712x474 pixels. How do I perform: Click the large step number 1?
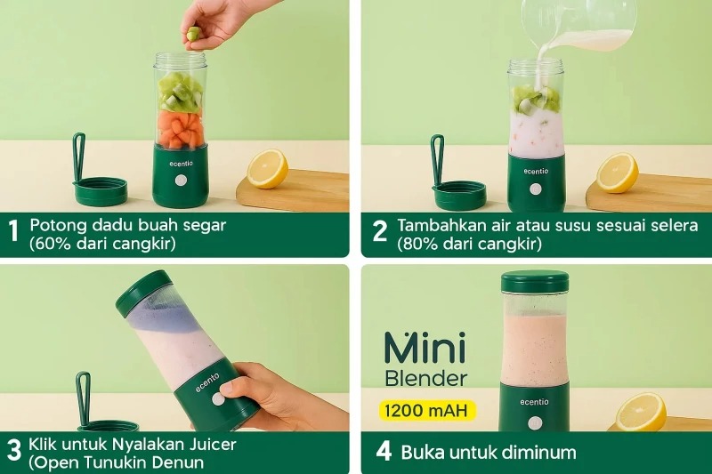13,230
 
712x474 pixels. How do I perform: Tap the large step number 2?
380,230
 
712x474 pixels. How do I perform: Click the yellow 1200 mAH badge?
427,411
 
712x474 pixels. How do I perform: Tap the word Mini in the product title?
425,347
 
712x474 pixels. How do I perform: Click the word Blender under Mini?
426,378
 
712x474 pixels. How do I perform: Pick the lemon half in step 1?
268,168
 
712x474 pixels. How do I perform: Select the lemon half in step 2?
617,173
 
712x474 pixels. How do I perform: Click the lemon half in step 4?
641,412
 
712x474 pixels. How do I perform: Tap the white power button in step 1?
181,180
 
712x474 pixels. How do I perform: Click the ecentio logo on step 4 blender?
534,402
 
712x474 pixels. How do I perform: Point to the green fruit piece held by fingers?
193,34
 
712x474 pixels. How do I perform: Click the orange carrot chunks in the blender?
180,130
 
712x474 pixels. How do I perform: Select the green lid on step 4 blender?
535,282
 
